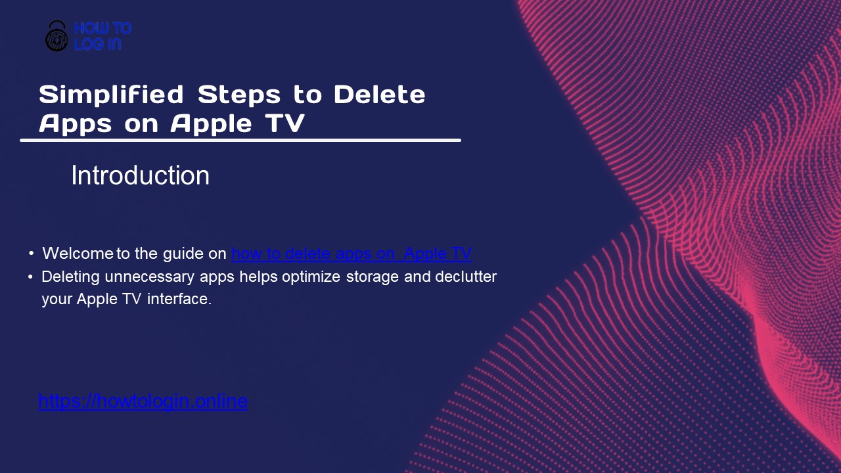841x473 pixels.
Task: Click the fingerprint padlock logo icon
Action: [57, 36]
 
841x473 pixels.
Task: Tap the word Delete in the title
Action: [380, 95]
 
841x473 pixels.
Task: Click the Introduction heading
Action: [140, 176]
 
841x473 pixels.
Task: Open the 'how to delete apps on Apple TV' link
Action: [352, 254]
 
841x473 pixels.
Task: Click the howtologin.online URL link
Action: [143, 401]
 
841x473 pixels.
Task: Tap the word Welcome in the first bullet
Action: [78, 254]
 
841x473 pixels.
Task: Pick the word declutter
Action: [466, 277]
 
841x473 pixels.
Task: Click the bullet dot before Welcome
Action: [31, 254]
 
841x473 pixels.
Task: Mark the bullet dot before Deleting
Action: [31, 277]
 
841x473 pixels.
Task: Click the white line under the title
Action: [240, 140]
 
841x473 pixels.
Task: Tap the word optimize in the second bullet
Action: [311, 277]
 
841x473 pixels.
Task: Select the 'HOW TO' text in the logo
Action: [102, 28]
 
